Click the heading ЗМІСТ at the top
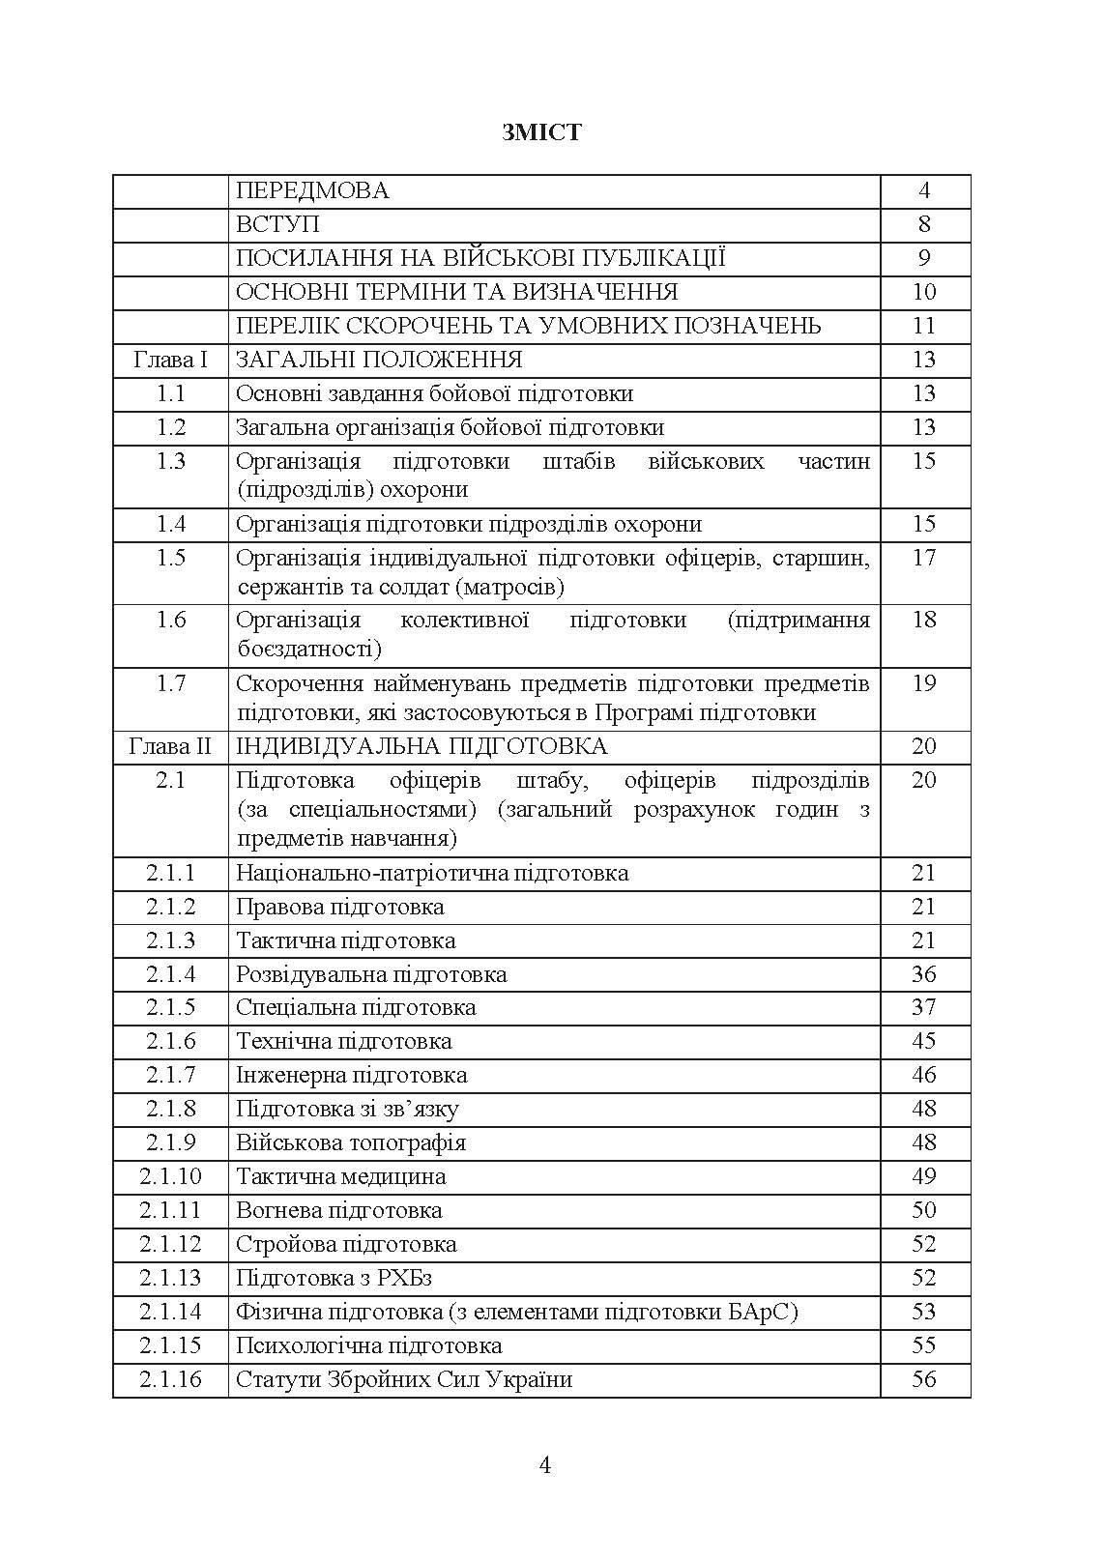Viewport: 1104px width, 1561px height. (x=541, y=132)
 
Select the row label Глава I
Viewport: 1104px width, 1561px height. (x=171, y=361)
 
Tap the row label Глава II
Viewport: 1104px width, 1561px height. (x=170, y=747)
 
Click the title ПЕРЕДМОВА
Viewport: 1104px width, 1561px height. (x=312, y=190)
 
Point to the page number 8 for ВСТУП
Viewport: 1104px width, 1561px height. (x=924, y=224)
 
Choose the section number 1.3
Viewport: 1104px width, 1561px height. (x=171, y=461)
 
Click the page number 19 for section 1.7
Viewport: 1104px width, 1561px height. (x=924, y=683)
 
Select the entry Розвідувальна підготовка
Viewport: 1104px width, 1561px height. (x=371, y=974)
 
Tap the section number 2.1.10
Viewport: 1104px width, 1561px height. (x=171, y=1176)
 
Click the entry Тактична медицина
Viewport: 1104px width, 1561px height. (x=341, y=1176)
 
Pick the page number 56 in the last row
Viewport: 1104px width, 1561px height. (x=924, y=1379)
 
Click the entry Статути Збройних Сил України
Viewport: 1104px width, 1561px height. (x=404, y=1379)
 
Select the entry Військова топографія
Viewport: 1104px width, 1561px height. (x=351, y=1142)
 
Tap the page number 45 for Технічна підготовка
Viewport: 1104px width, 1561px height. (x=924, y=1041)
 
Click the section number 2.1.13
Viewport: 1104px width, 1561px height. (x=171, y=1278)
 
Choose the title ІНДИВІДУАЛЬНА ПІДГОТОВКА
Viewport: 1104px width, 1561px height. (x=421, y=747)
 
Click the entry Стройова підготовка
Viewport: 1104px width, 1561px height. (x=346, y=1244)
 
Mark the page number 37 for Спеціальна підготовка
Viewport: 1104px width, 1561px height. (x=924, y=1007)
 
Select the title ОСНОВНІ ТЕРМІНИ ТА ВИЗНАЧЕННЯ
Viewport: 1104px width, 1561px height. (x=457, y=292)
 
